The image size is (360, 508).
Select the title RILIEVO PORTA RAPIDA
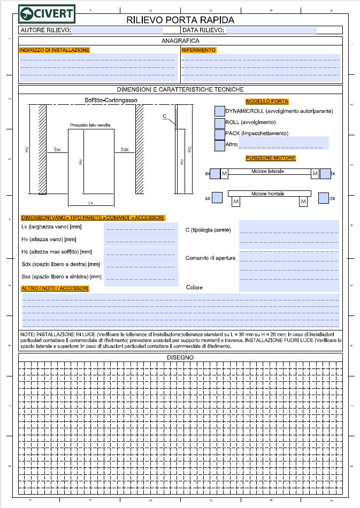180,20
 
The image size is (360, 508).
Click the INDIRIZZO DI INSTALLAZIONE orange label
54,50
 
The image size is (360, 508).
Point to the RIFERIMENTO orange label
198,50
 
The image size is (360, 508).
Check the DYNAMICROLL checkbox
219,111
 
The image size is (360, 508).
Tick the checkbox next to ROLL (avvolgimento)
219,122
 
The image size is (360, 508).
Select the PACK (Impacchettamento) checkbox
219,134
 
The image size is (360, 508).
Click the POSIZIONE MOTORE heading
271,158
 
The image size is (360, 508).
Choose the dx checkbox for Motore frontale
323,198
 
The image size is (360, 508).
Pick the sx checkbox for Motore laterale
215,174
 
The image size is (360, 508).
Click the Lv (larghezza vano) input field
141,227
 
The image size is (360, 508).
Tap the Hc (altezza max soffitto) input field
141,251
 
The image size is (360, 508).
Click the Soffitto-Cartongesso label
111,101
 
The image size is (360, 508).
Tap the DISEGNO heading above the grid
180,357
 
